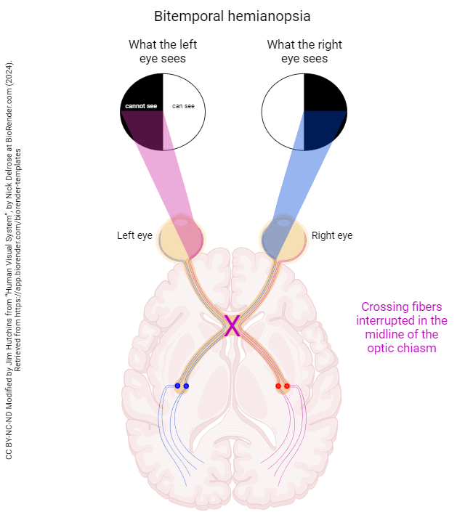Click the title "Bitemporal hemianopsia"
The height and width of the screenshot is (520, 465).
tap(232, 16)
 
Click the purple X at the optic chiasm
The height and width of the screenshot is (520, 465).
tap(232, 326)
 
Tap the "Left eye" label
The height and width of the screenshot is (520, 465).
tap(134, 235)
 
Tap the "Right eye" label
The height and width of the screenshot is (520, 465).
tap(332, 235)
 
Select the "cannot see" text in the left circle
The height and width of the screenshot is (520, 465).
tap(141, 106)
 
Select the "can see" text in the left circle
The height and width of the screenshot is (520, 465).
tap(183, 106)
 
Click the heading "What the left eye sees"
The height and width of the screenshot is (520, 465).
tap(163, 51)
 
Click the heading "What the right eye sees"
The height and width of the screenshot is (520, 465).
tap(304, 51)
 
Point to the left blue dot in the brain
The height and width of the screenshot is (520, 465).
tap(178, 386)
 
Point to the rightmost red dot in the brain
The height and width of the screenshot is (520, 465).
tap(287, 386)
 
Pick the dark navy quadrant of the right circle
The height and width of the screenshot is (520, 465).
tap(324, 129)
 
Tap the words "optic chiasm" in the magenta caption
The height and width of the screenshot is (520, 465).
tap(402, 348)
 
